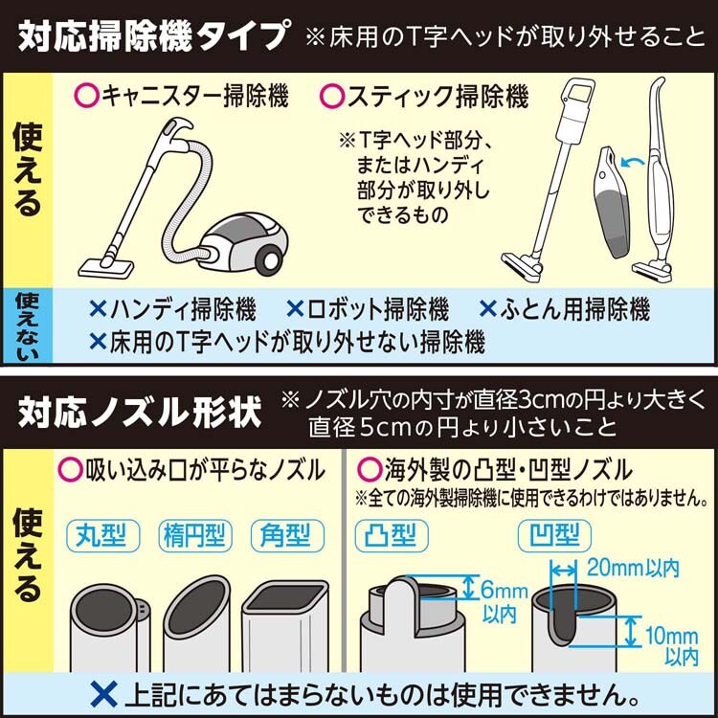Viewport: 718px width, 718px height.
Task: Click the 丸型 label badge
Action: tap(102, 535)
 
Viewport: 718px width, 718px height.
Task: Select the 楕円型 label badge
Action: tap(195, 535)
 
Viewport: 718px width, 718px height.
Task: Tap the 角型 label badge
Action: tap(287, 535)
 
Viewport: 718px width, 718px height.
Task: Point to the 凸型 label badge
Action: tap(392, 535)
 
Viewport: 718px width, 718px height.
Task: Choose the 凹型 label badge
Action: tap(554, 535)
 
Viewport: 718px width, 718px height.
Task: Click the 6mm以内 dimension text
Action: tap(503, 602)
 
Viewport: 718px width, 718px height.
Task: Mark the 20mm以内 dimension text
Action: tap(633, 569)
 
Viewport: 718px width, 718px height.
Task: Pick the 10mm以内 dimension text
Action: tap(672, 645)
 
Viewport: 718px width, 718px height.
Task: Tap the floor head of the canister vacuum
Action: tap(105, 267)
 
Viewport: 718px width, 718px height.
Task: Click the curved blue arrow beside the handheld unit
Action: tap(632, 161)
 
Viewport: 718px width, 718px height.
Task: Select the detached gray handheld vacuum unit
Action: tap(614, 202)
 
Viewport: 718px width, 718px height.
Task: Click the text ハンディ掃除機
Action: tap(182, 309)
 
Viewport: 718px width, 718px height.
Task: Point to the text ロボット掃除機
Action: tap(377, 309)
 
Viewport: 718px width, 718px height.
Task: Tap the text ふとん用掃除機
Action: tap(574, 309)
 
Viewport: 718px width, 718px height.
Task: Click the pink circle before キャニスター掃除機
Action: tap(86, 96)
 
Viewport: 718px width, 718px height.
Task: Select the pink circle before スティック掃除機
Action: tap(332, 96)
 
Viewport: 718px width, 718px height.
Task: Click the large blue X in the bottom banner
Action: tap(104, 695)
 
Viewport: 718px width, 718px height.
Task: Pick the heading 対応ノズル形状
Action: tap(140, 412)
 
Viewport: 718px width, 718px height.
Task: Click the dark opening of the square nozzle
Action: tap(286, 597)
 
